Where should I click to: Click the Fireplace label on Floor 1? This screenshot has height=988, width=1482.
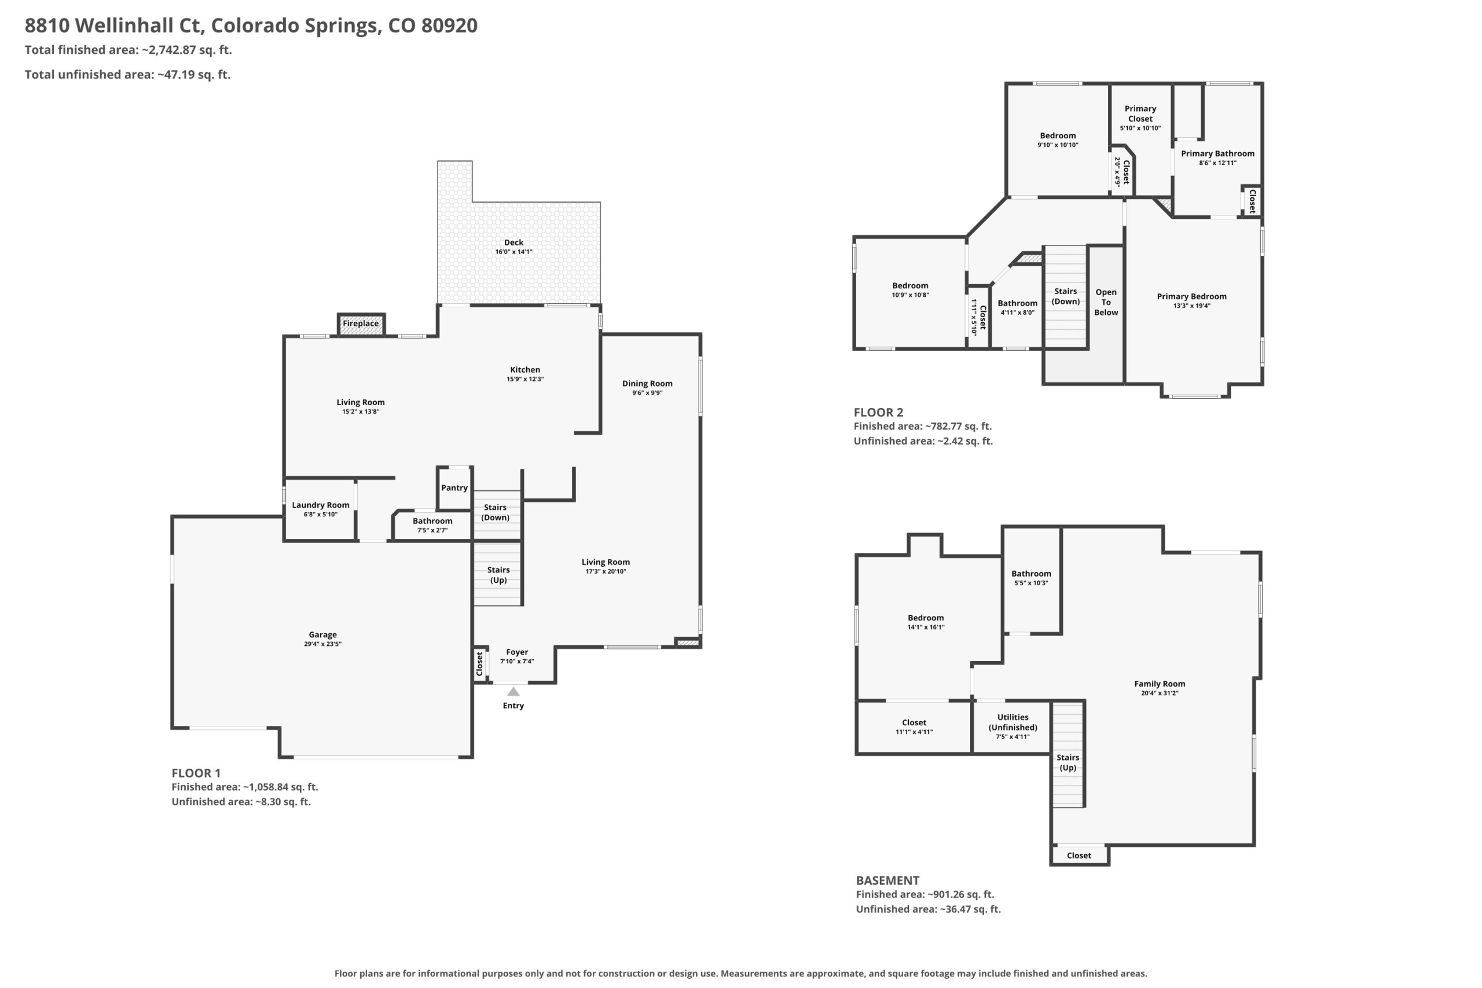[x=361, y=323]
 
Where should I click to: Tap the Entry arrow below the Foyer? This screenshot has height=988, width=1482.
[x=513, y=691]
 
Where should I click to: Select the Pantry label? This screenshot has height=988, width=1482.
[x=454, y=488]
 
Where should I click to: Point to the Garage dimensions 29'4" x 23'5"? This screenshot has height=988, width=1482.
[x=322, y=644]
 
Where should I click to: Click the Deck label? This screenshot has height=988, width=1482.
[x=513, y=242]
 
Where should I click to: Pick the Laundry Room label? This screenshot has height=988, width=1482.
[x=320, y=505]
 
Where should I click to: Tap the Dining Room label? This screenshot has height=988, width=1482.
[x=647, y=383]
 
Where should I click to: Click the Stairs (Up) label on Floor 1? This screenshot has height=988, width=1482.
[x=498, y=575]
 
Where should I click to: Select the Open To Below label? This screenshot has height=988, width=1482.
[x=1106, y=302]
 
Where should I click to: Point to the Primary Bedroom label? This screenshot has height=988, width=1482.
[x=1191, y=296]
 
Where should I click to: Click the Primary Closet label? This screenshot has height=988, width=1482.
[x=1140, y=113]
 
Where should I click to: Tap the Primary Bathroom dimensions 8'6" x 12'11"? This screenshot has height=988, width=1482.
[x=1217, y=163]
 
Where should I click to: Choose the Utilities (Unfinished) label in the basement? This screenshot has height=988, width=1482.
[x=1013, y=722]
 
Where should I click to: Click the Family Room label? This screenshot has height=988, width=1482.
[x=1160, y=684]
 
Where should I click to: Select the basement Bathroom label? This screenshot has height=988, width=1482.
[x=1031, y=574]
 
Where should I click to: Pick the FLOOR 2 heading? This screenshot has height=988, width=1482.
[x=878, y=412]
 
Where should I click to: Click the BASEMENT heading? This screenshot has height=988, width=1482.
[x=887, y=880]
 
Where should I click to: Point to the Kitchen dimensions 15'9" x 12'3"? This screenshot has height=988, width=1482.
[x=525, y=379]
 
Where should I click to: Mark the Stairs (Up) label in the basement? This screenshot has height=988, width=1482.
[x=1068, y=762]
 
